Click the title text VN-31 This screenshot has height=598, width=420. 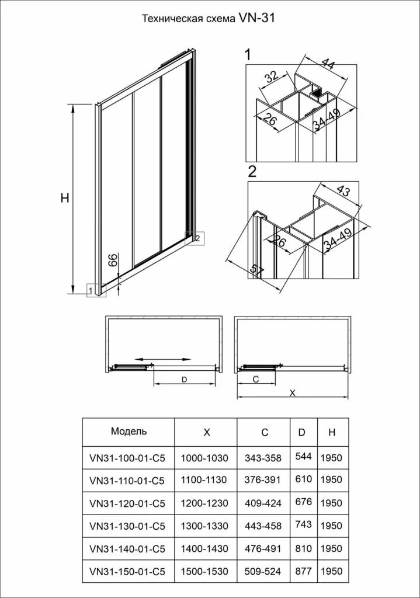pos(256,18)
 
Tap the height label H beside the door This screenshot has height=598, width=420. pos(65,199)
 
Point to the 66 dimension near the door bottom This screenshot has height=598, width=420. pos(114,261)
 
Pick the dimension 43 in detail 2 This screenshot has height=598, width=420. pos(343,191)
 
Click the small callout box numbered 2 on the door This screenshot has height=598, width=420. pos(197,238)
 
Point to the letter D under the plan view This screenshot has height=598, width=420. pos(184,380)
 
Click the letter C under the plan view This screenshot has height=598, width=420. pos(256,379)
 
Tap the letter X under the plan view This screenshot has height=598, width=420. pos(293,393)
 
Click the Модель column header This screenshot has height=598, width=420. pos(129,432)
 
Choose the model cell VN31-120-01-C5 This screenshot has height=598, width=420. pos(127,502)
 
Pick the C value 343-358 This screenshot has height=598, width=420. pos(264,458)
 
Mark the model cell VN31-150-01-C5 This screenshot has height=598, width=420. pos(127,571)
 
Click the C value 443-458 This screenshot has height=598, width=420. pos(264,525)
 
